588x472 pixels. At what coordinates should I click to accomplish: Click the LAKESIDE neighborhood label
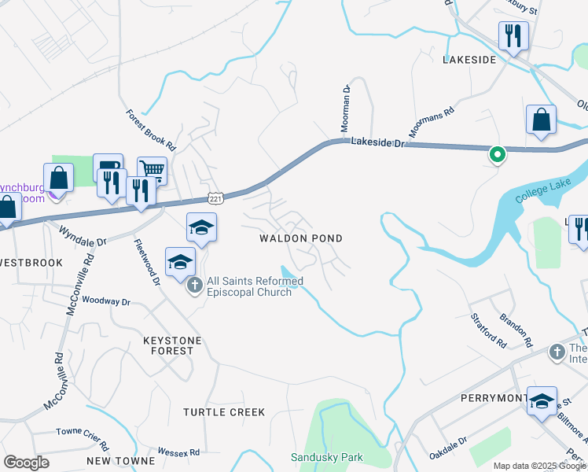click(x=469, y=60)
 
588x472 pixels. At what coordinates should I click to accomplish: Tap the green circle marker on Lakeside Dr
click(x=497, y=155)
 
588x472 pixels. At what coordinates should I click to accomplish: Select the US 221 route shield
click(x=215, y=197)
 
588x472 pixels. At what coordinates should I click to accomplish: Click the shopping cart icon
click(x=152, y=169)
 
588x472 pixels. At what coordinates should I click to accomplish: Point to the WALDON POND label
click(x=302, y=238)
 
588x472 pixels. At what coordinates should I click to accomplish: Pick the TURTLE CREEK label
click(x=224, y=412)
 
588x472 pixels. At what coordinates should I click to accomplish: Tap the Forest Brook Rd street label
click(x=151, y=130)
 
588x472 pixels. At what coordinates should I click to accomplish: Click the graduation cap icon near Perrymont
click(x=542, y=401)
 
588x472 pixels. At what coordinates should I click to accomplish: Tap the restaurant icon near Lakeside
click(x=513, y=35)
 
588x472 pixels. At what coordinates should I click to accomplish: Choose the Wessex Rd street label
click(x=178, y=452)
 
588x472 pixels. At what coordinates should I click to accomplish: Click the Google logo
click(x=27, y=463)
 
